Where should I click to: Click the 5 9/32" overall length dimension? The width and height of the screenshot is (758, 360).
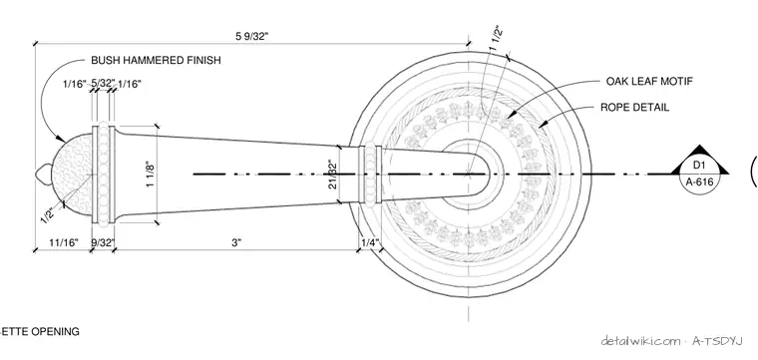point(251,36)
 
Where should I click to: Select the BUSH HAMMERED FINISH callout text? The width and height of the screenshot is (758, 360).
point(157,61)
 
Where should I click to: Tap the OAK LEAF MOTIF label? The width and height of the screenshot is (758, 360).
point(649,81)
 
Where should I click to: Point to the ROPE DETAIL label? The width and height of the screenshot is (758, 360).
point(634,108)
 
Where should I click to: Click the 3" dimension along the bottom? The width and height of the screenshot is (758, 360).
point(236,242)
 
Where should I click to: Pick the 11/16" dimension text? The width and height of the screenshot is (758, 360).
point(64,242)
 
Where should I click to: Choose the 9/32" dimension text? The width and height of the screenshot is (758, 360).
point(103,242)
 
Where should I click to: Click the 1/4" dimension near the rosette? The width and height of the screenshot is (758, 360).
point(370,242)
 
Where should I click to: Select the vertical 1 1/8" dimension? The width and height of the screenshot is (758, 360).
point(152,175)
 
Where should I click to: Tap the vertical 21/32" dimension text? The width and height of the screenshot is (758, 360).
point(332,174)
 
